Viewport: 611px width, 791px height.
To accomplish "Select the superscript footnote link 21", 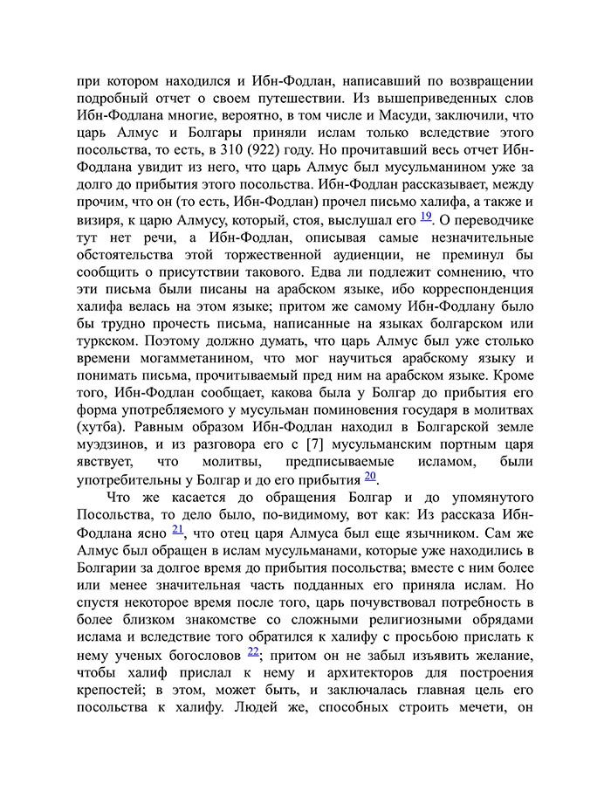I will tap(178, 529).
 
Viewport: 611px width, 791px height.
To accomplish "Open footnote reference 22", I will tap(253, 651).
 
